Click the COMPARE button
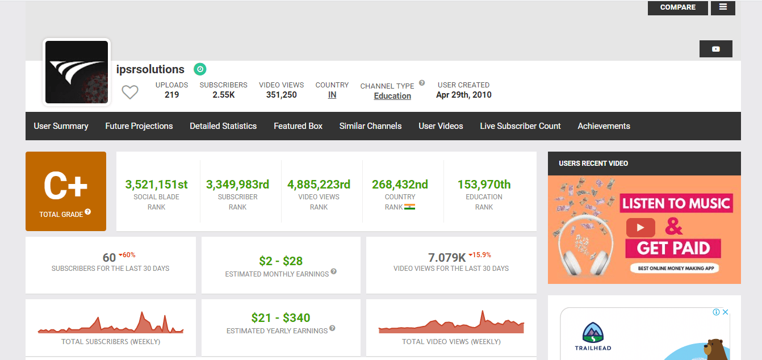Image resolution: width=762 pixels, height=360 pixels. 677,7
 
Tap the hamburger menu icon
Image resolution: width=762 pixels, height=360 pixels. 723,7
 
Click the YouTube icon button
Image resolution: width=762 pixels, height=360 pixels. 715,49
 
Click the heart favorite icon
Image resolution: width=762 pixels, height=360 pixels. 130,92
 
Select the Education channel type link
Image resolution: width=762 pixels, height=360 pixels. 392,96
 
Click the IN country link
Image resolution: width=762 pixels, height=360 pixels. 332,95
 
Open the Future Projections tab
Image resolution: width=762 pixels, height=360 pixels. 139,126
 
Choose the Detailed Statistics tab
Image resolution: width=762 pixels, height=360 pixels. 223,126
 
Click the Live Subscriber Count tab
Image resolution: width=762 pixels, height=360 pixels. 520,126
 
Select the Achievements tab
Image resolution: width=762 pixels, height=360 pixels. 604,126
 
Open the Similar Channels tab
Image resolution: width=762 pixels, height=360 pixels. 370,126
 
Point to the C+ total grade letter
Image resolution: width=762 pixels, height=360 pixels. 65,186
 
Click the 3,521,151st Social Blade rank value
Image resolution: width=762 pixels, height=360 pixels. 156,185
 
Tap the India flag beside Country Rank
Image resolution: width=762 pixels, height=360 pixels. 409,207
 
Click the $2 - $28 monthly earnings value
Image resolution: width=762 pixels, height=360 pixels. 280,261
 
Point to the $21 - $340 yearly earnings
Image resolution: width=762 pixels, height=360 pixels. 280,318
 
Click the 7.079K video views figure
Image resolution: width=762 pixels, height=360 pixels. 446,258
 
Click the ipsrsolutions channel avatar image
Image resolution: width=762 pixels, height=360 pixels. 77,72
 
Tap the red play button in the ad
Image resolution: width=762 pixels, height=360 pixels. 640,228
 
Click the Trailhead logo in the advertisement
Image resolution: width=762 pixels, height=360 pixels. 592,335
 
